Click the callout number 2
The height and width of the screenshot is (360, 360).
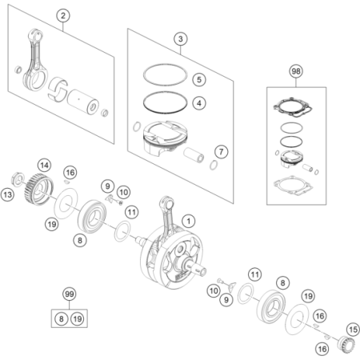tap(63, 15)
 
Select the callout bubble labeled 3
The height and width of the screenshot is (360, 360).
tap(181, 39)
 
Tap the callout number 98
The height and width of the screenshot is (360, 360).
tap(296, 71)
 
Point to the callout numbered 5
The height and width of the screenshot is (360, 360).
tap(199, 79)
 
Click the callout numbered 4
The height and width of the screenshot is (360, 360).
tap(199, 103)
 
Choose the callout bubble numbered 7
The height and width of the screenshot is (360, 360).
tap(222, 152)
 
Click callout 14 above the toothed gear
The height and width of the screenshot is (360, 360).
tap(44, 166)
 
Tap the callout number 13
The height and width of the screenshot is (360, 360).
tap(7, 194)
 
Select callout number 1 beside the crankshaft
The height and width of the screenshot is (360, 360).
tap(189, 221)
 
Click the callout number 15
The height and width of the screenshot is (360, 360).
tap(353, 330)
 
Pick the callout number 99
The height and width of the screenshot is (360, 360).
tap(70, 294)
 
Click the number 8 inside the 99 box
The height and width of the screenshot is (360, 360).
tap(62, 318)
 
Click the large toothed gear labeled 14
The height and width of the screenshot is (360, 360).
tap(39, 189)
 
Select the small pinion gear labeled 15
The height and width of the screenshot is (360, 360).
tap(346, 344)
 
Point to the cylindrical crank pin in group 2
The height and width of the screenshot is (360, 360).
tap(83, 102)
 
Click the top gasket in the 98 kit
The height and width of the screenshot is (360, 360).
tap(293, 108)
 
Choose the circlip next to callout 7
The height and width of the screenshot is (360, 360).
tap(214, 166)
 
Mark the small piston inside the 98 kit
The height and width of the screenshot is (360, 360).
tap(291, 159)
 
